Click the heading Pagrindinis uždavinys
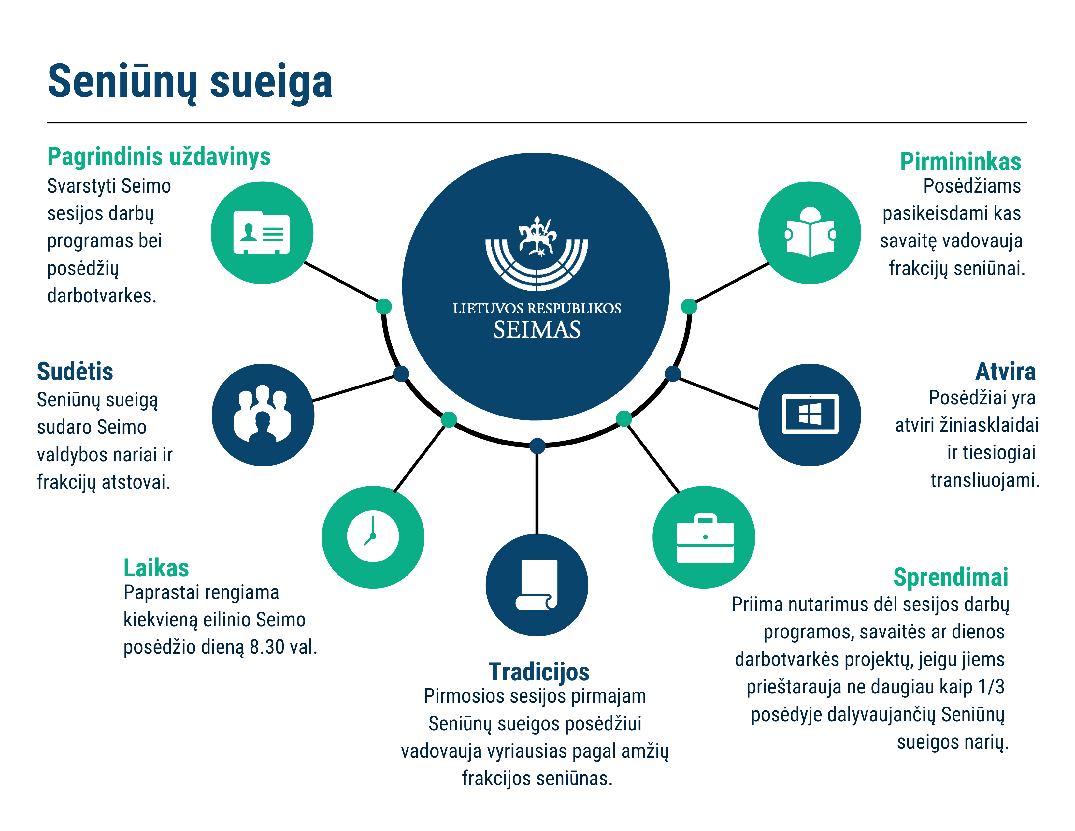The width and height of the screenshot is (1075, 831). click(159, 157)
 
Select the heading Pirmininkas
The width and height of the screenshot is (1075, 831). click(960, 161)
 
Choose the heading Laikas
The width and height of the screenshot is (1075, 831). click(156, 568)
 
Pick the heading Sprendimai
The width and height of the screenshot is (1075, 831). click(951, 577)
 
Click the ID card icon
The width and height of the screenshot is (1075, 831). click(261, 232)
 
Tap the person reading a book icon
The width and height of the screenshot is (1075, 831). click(810, 232)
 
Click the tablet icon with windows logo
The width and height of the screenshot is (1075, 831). click(810, 414)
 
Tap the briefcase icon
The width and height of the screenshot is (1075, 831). click(705, 538)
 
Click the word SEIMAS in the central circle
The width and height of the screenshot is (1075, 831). click(537, 330)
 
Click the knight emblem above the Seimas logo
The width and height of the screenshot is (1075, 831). click(537, 236)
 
